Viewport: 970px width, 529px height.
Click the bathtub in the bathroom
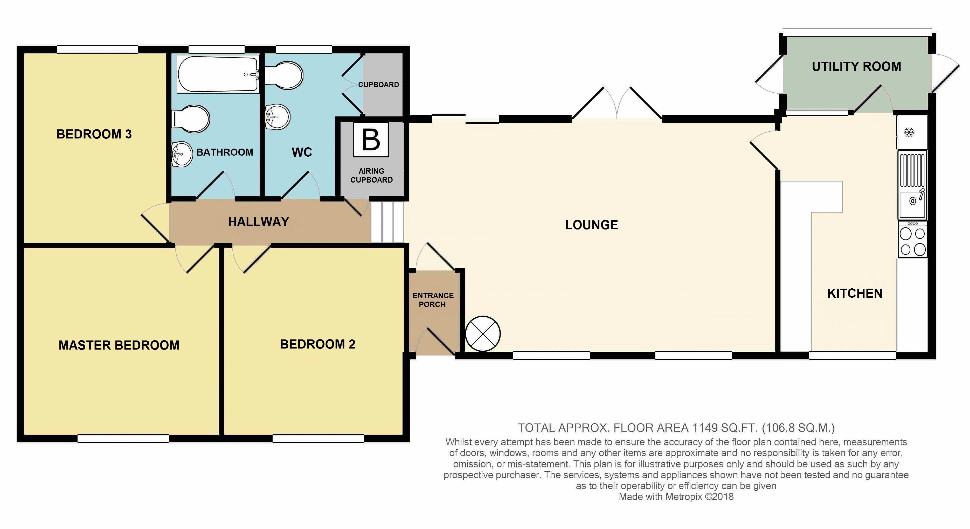tap(218, 74)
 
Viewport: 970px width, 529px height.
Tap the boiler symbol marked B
tap(371, 140)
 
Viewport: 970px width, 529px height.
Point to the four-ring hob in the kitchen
tap(912, 239)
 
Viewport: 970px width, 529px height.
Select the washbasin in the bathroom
tap(182, 154)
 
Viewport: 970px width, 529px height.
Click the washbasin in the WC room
tap(277, 117)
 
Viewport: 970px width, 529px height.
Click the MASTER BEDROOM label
tap(119, 345)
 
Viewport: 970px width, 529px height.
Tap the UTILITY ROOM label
tap(856, 67)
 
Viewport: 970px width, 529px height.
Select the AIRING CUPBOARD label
tap(371, 176)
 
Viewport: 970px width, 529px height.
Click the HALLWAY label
tap(259, 222)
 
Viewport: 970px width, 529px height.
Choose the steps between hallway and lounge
tap(388, 222)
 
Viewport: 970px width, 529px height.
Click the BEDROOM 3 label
tap(94, 134)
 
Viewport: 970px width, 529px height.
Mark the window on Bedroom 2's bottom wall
tap(318, 438)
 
